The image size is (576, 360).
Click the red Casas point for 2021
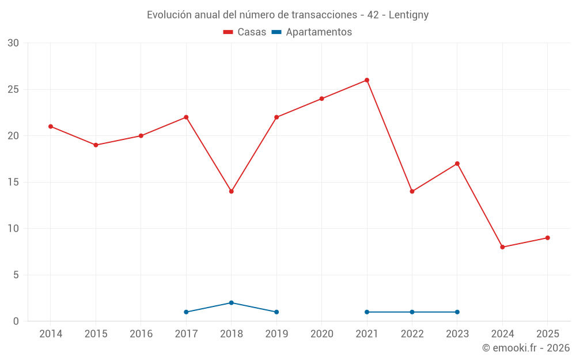click(x=366, y=80)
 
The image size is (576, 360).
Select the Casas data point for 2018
click(x=231, y=191)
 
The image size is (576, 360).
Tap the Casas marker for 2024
click(x=502, y=247)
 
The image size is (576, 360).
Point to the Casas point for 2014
click(x=51, y=126)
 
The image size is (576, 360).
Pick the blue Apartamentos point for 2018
click(x=231, y=302)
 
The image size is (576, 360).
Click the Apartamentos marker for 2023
click(x=457, y=312)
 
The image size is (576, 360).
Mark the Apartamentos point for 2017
click(x=186, y=312)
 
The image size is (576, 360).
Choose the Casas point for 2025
click(x=547, y=238)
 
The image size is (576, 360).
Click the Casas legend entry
click(x=245, y=32)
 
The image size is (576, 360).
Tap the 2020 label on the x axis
click(x=321, y=334)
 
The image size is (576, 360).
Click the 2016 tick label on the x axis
click(x=141, y=334)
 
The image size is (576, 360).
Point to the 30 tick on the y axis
click(x=13, y=43)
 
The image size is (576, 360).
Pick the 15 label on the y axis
click(x=13, y=182)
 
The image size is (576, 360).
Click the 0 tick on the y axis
click(x=16, y=321)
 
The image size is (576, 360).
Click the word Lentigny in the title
click(x=408, y=15)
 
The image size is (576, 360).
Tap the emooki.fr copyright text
click(x=526, y=348)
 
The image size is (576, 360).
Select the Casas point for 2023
click(x=457, y=164)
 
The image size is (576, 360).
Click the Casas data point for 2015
click(x=96, y=145)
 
